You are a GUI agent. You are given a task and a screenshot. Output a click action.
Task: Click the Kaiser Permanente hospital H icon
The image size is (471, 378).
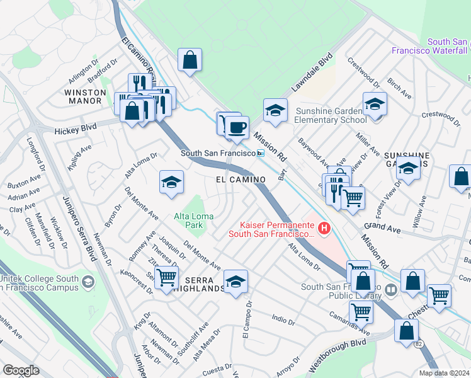324,228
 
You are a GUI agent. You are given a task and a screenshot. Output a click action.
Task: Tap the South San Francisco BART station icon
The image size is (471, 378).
261,153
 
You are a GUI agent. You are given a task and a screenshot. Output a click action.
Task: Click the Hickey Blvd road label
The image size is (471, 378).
75,128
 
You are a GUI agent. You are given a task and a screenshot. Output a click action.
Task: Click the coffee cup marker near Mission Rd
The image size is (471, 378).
237,128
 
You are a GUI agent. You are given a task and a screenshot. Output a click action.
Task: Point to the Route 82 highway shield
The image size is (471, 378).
419,344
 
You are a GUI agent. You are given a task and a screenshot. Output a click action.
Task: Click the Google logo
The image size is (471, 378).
21,370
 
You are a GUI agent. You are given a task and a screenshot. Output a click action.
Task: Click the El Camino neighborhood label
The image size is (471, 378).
239,180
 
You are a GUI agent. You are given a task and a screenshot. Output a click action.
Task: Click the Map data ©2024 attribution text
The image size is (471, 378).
444,372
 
